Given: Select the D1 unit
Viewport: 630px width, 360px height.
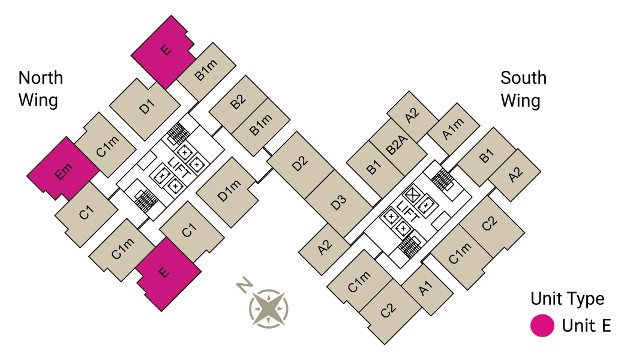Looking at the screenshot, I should (146, 109).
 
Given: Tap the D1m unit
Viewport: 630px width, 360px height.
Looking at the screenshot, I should (226, 193).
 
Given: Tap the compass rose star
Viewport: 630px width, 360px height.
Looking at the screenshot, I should (269, 309).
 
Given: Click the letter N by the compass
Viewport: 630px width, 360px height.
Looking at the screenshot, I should (244, 284).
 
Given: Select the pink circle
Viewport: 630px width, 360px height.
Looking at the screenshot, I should (542, 326).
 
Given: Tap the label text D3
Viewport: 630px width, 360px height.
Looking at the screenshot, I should (339, 203).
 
